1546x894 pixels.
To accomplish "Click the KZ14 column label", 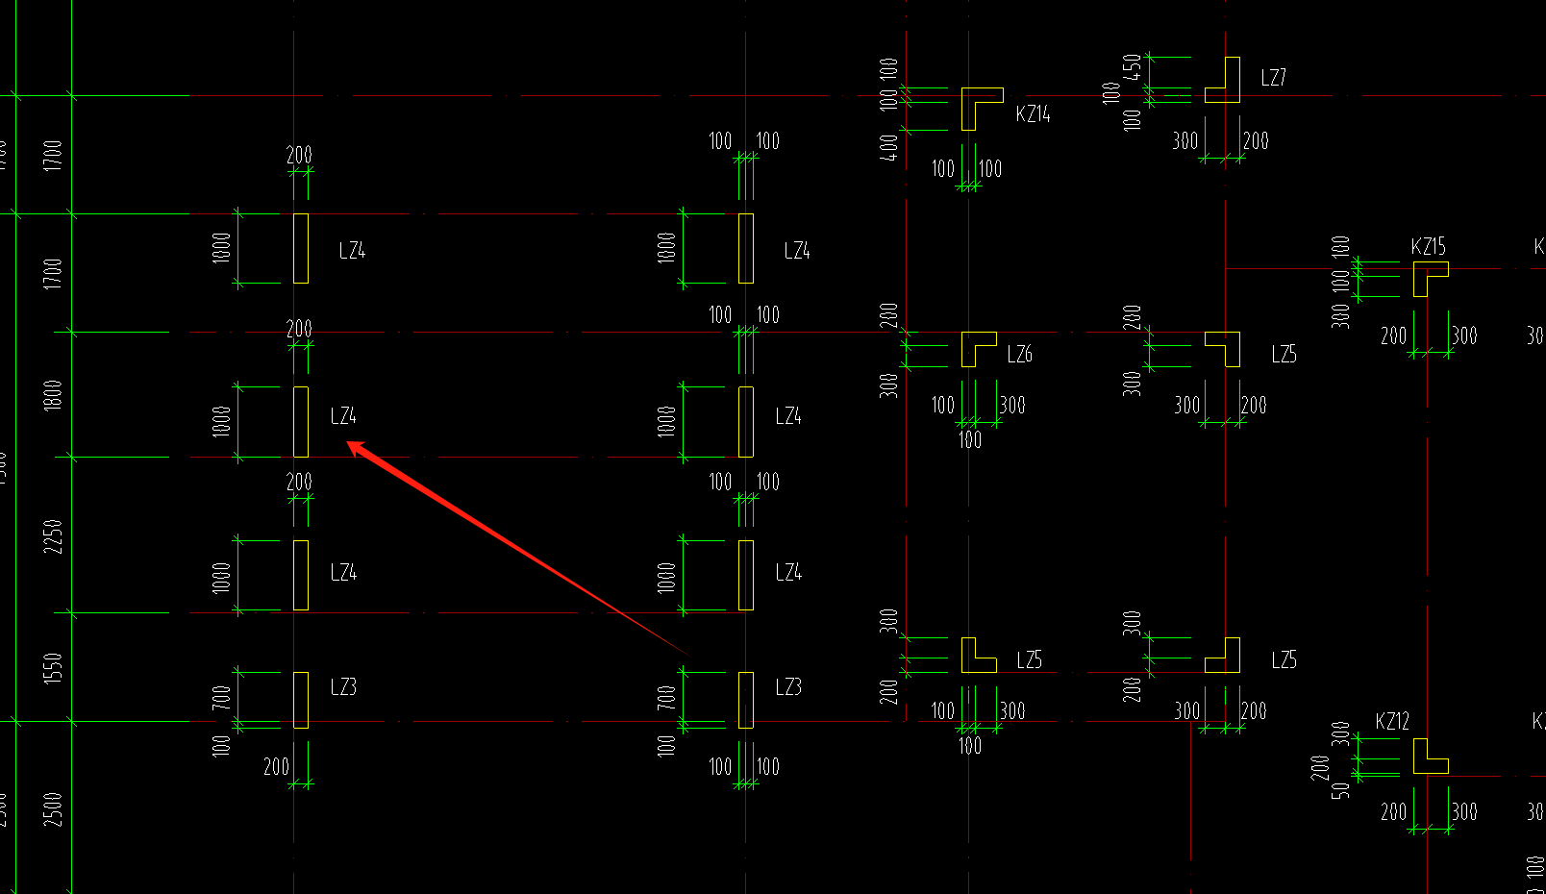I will [1033, 114].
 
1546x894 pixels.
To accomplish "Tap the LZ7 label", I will [1273, 78].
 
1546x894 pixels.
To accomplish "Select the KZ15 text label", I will [1428, 247].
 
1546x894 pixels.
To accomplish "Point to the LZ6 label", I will [1019, 355].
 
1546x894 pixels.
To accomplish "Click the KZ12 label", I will [1392, 722].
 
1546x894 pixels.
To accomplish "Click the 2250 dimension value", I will [53, 536].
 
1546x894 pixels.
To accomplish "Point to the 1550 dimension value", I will [53, 667].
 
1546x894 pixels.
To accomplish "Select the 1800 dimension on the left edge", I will [53, 395].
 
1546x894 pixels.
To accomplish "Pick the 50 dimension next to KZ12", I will [1342, 790].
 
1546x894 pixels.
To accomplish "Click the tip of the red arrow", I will [348, 443].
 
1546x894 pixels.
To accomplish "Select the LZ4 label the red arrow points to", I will [343, 416].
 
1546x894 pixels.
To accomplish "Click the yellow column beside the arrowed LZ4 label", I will [301, 422].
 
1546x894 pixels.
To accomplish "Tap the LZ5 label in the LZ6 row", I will [1284, 355].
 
